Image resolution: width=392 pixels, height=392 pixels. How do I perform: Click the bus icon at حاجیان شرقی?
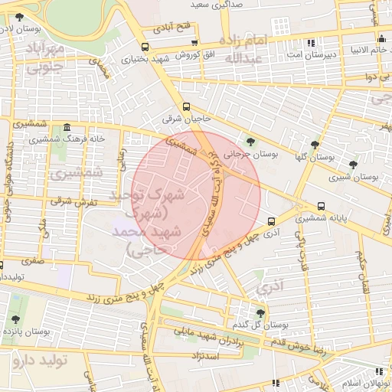[x=186, y=107]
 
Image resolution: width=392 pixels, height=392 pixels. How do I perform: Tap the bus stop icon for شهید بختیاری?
[x=123, y=46]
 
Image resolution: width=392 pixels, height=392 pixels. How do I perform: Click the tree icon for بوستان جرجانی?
[x=250, y=141]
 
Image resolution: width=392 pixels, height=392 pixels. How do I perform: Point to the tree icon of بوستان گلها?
[x=315, y=144]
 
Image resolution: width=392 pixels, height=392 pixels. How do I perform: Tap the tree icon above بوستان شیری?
[x=353, y=165]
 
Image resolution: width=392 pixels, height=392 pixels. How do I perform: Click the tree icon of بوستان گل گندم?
[x=261, y=312]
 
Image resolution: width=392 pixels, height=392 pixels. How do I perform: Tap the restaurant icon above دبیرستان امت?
[x=310, y=43]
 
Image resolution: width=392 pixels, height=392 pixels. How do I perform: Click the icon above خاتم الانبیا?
[x=381, y=40]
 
